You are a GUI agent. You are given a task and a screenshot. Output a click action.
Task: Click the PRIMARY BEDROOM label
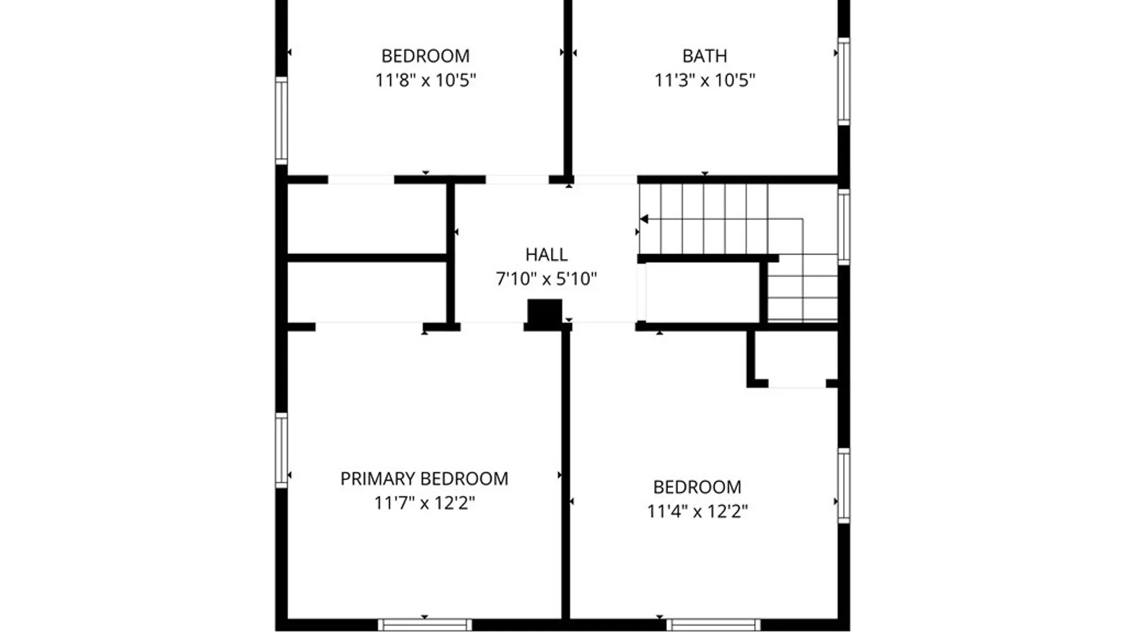tap(424, 479)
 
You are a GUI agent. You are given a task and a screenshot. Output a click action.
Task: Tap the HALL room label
tap(546, 255)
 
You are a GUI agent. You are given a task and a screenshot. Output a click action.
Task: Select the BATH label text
tap(705, 56)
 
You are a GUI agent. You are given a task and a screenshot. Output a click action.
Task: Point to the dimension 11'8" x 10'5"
tap(426, 80)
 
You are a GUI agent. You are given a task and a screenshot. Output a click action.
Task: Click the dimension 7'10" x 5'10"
tap(546, 279)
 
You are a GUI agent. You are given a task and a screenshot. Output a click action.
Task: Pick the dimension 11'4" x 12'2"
tap(697, 511)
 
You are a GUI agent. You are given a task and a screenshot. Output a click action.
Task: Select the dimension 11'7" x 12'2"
tap(424, 503)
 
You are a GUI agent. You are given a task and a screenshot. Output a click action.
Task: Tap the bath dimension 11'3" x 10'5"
tap(705, 80)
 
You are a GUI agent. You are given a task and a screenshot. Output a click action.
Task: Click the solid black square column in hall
tap(545, 312)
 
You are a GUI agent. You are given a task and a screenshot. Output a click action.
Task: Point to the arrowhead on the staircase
tap(644, 219)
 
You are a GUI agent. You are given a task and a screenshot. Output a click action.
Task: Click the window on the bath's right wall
tap(844, 81)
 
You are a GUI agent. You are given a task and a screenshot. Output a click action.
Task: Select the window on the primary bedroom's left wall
tap(282, 451)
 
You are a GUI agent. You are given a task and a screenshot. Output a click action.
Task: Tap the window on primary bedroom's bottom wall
tap(424, 625)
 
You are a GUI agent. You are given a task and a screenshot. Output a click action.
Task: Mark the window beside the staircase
tap(844, 227)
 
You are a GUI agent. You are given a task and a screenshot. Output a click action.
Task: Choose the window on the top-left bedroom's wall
tap(282, 121)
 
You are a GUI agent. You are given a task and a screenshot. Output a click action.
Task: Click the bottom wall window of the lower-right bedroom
tap(714, 625)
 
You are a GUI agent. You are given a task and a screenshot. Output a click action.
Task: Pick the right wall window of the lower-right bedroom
tap(844, 486)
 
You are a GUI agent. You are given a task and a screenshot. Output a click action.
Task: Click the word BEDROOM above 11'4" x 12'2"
tap(697, 487)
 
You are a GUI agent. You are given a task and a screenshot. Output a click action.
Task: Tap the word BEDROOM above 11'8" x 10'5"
tap(426, 56)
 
